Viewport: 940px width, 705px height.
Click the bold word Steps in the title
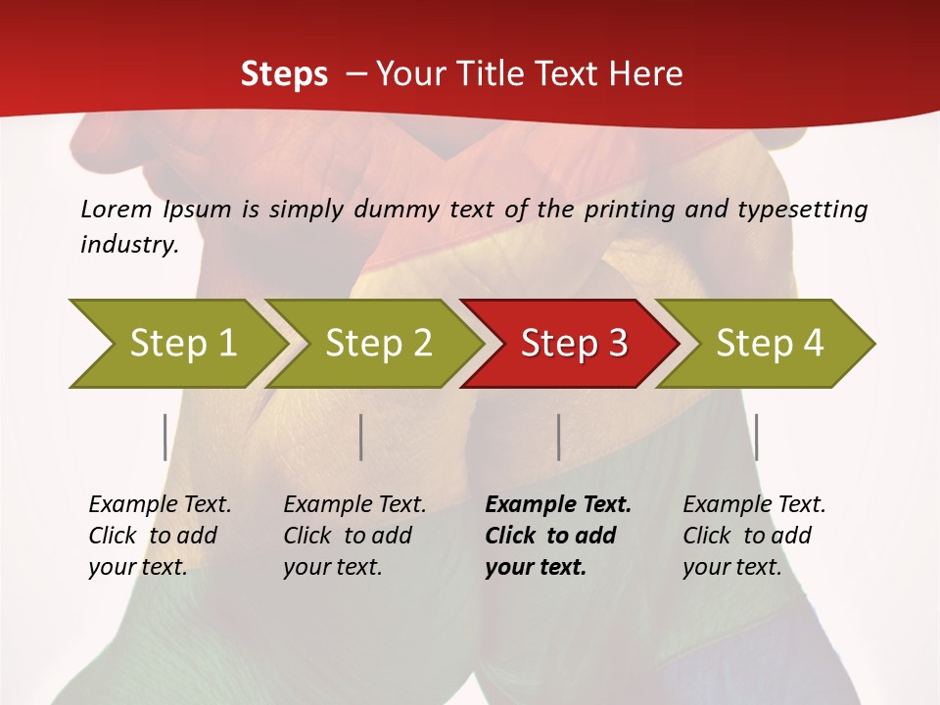[x=284, y=74]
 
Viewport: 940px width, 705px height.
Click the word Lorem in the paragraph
[x=116, y=209]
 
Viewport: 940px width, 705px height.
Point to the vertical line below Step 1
[x=165, y=437]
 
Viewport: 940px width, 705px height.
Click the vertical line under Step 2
[x=361, y=437]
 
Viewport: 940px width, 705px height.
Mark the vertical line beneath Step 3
[x=558, y=437]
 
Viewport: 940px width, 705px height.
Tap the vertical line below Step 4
[x=756, y=437]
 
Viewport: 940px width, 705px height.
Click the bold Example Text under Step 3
[x=558, y=505]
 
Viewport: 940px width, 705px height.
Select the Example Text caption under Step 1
[x=160, y=505]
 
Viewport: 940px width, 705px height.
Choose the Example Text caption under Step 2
[x=354, y=505]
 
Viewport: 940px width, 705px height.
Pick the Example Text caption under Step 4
[x=754, y=505]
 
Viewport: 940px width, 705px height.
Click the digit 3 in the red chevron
[x=616, y=344]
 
